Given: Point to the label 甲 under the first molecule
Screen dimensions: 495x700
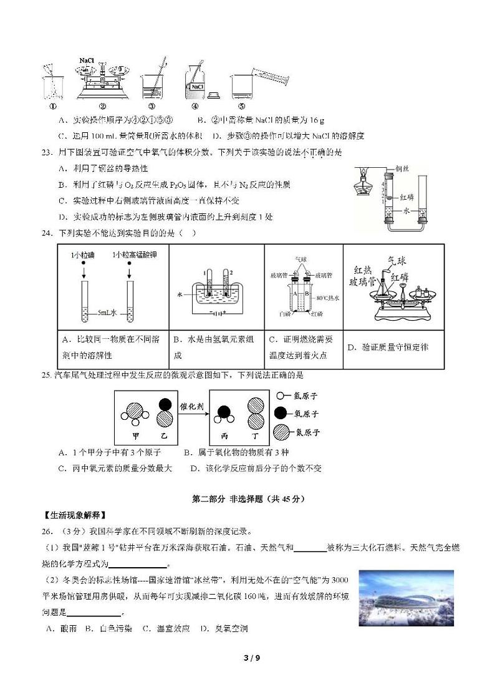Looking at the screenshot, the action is point(135,435).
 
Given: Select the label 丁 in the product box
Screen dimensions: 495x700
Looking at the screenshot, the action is point(256,435).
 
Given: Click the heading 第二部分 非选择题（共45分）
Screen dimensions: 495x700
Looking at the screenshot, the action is point(247,499).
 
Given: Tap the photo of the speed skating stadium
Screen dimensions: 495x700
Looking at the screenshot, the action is point(406,597).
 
